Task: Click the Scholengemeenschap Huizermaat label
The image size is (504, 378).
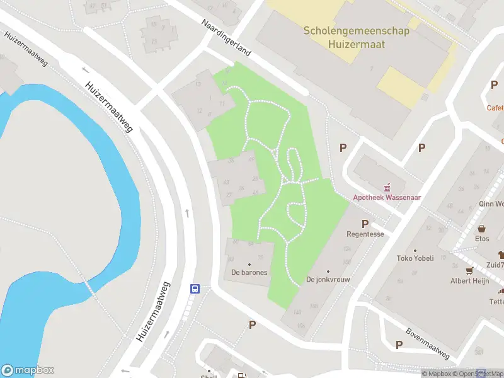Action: pyautogui.click(x=357, y=37)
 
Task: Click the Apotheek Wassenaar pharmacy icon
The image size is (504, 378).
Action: pyautogui.click(x=387, y=186)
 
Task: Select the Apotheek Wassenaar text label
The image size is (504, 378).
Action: pyautogui.click(x=387, y=197)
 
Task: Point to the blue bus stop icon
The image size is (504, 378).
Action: pyautogui.click(x=195, y=289)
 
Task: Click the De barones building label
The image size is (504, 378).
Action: pyautogui.click(x=249, y=273)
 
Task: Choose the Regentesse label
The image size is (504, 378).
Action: pyautogui.click(x=365, y=234)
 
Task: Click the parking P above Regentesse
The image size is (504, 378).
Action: pyautogui.click(x=365, y=224)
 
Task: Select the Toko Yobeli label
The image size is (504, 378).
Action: pyautogui.click(x=416, y=258)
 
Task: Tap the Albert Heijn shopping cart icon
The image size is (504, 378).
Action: pyautogui.click(x=469, y=271)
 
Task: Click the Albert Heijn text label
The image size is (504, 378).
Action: pyautogui.click(x=469, y=281)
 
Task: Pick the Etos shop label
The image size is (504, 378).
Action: pyautogui.click(x=482, y=239)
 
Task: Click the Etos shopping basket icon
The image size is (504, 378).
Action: pyautogui.click(x=482, y=229)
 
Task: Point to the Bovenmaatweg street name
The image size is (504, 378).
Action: pyautogui.click(x=427, y=344)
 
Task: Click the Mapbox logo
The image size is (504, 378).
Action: pyautogui.click(x=28, y=370)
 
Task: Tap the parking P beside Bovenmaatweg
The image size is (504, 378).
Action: pyautogui.click(x=399, y=345)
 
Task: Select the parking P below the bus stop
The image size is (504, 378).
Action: pyautogui.click(x=253, y=325)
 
